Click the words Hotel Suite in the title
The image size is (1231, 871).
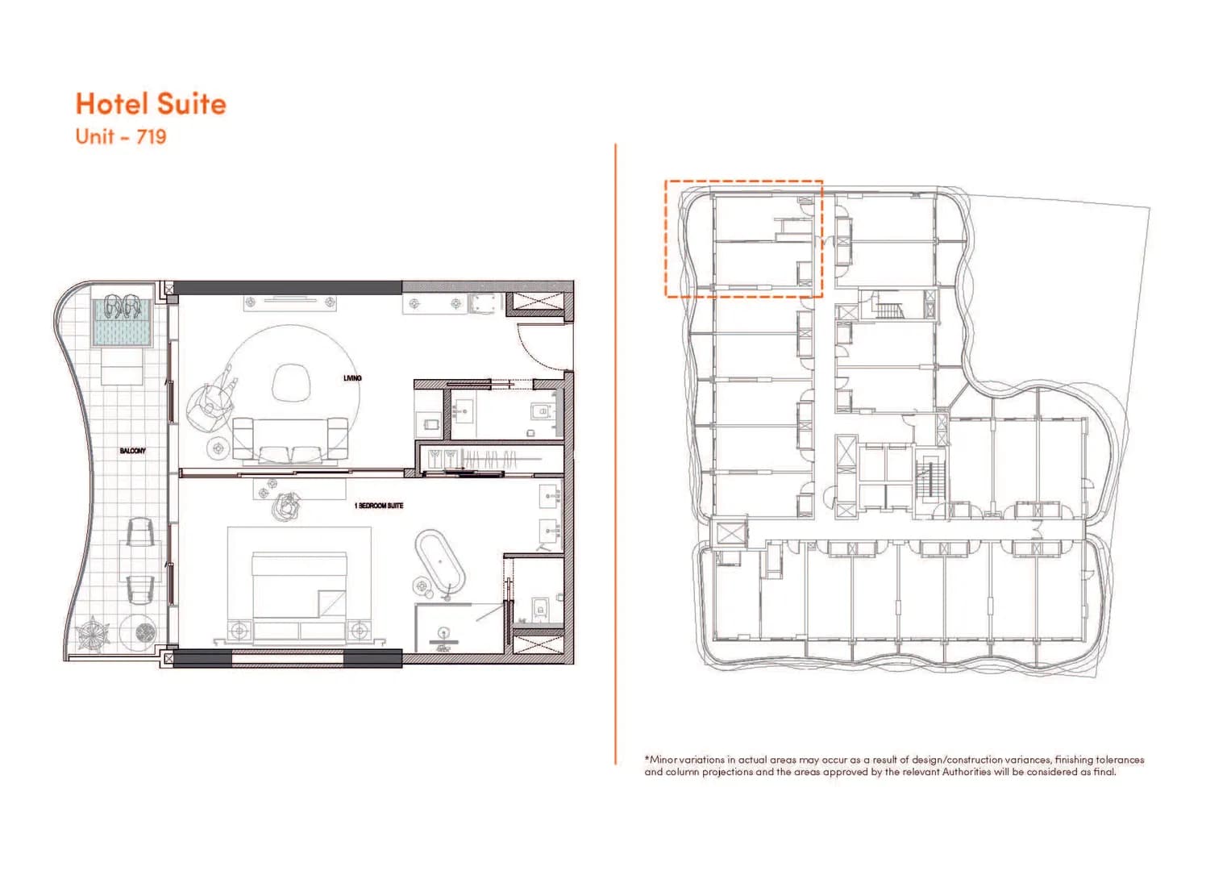click(x=151, y=104)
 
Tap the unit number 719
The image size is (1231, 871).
click(x=152, y=136)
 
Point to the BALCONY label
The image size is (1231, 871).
click(x=133, y=451)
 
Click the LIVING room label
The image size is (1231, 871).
click(x=352, y=378)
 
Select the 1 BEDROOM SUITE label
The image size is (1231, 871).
click(x=379, y=506)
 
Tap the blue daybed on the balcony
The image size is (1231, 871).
click(x=122, y=323)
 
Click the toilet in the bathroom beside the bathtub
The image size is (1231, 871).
click(x=539, y=606)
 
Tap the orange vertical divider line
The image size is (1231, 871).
click(x=615, y=452)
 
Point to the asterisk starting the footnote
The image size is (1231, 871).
click(x=647, y=759)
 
